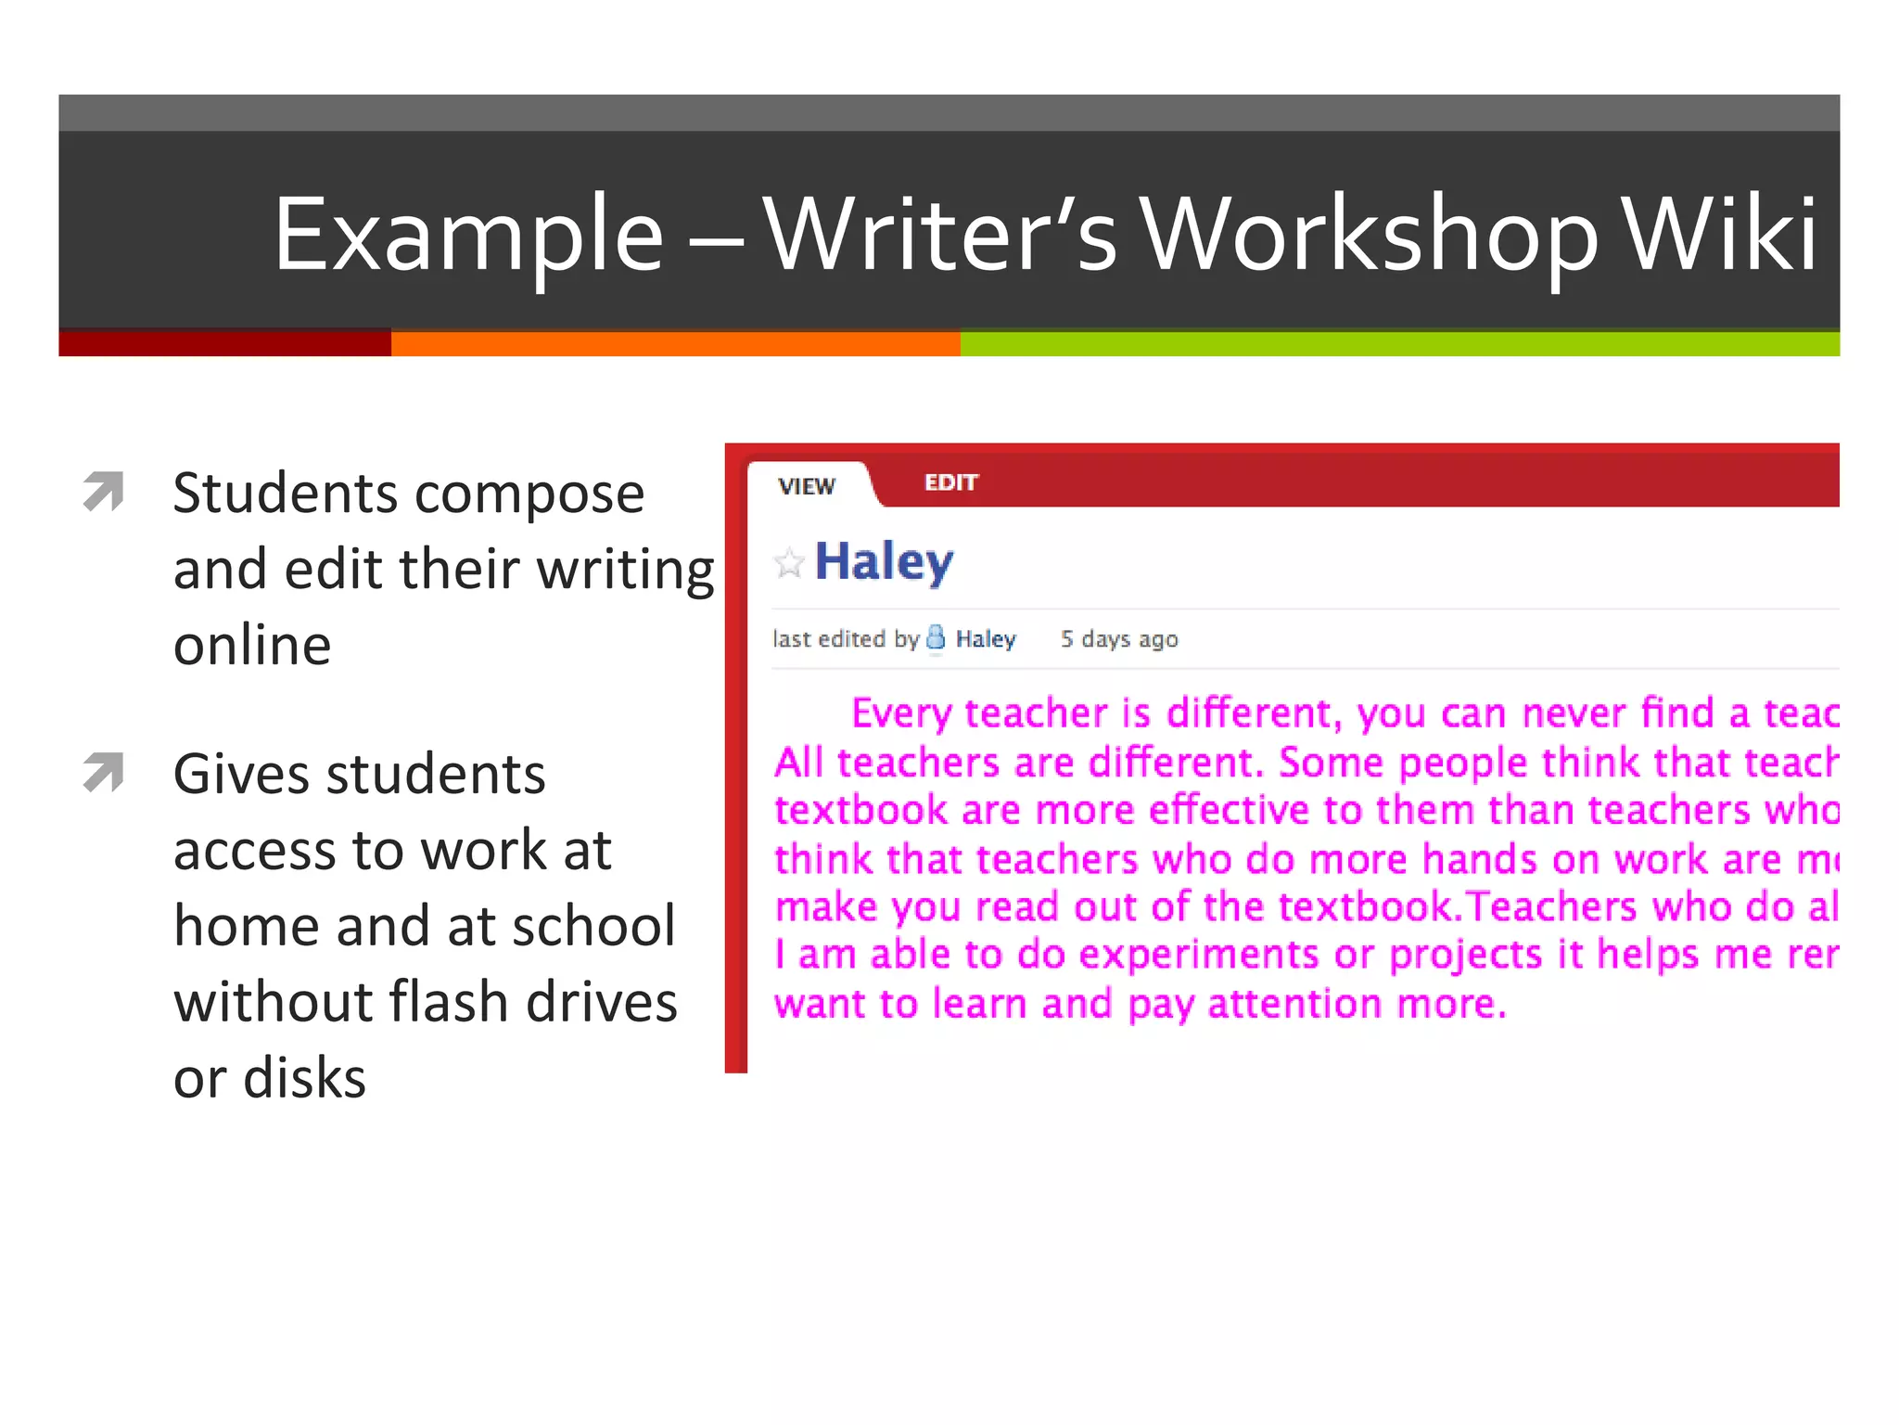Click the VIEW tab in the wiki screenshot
tap(807, 486)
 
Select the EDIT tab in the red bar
tap(950, 482)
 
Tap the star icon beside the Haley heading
tap(788, 562)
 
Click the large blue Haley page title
tap(884, 562)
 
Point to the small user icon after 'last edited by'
tap(936, 637)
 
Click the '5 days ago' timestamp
tap(1119, 639)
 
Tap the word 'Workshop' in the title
tap(1370, 236)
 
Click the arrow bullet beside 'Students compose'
tap(104, 491)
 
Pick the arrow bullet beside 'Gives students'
tap(104, 772)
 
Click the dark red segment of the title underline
tap(224, 343)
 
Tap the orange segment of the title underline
tap(675, 343)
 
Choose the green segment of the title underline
tap(1399, 343)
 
